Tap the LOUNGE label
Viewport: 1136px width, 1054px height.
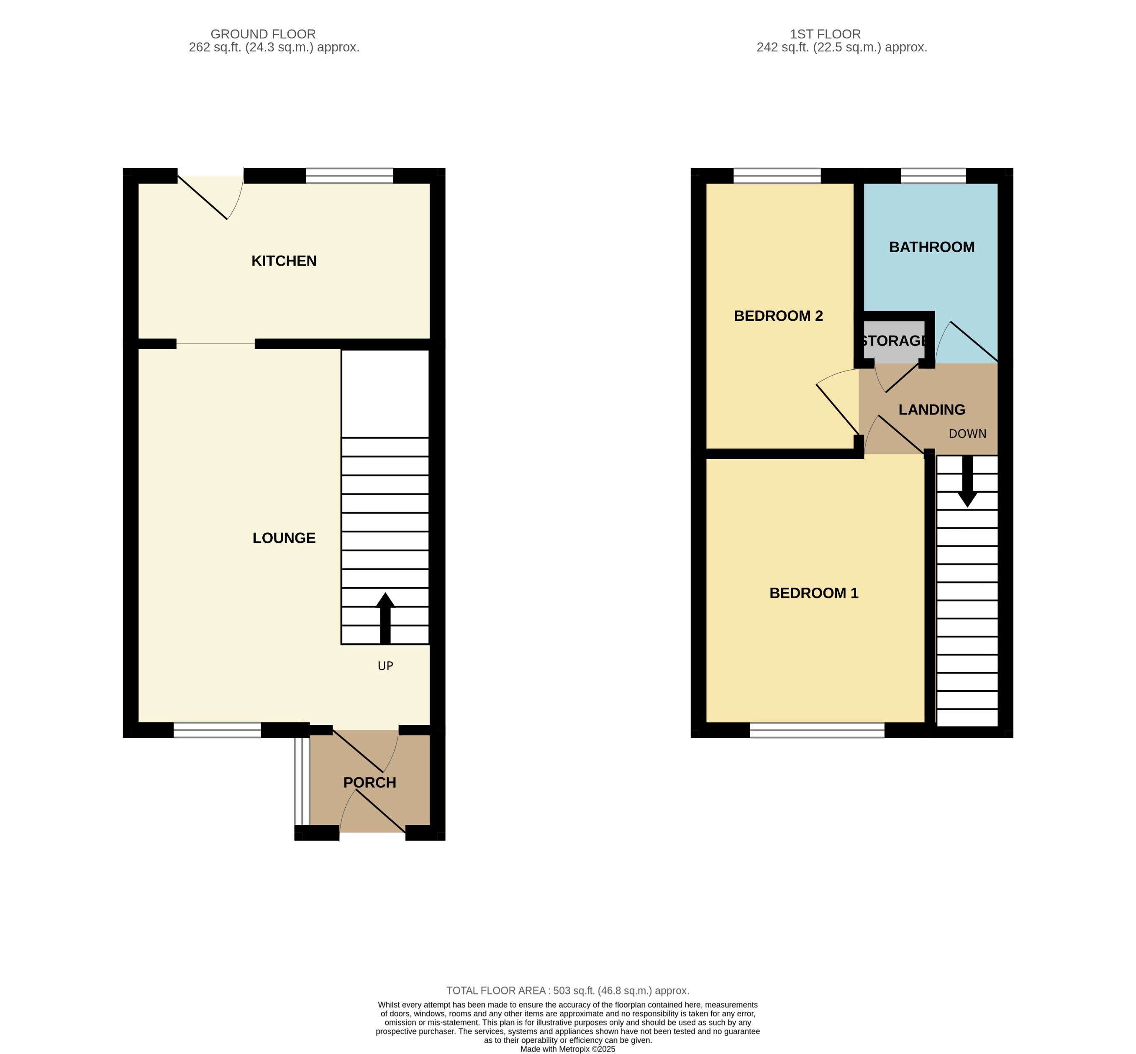point(284,538)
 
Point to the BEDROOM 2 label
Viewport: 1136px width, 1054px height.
point(778,316)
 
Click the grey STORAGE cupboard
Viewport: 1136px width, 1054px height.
point(893,341)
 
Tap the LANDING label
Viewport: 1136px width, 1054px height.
point(931,409)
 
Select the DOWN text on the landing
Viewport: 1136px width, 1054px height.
point(967,433)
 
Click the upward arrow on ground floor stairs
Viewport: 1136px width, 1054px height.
point(385,619)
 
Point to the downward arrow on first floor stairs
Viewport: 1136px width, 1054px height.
point(967,482)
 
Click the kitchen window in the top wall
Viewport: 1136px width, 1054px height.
point(349,176)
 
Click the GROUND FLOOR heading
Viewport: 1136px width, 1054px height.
point(263,34)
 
